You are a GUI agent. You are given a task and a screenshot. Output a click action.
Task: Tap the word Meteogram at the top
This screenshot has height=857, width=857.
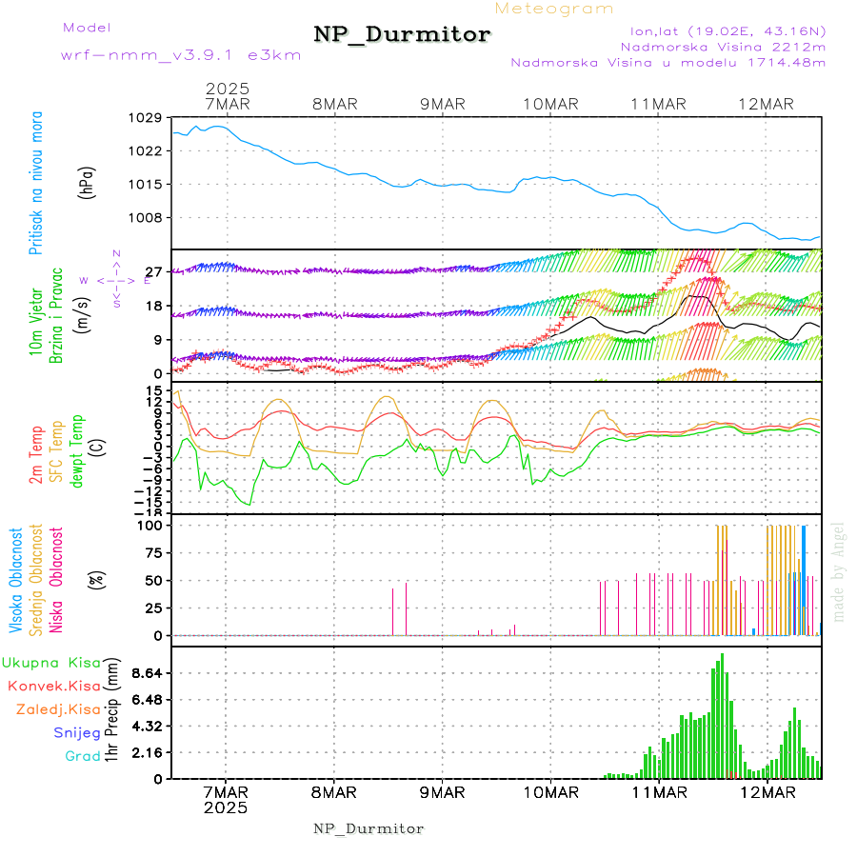(x=554, y=9)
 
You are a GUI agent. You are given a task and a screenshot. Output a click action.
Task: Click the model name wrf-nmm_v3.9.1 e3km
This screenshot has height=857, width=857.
(x=181, y=55)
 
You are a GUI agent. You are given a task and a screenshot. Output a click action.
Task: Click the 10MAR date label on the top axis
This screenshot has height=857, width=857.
(x=550, y=104)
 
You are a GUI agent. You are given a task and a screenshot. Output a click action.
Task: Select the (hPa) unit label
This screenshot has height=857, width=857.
(x=87, y=181)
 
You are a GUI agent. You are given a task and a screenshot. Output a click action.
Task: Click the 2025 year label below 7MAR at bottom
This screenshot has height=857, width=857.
(x=226, y=807)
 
